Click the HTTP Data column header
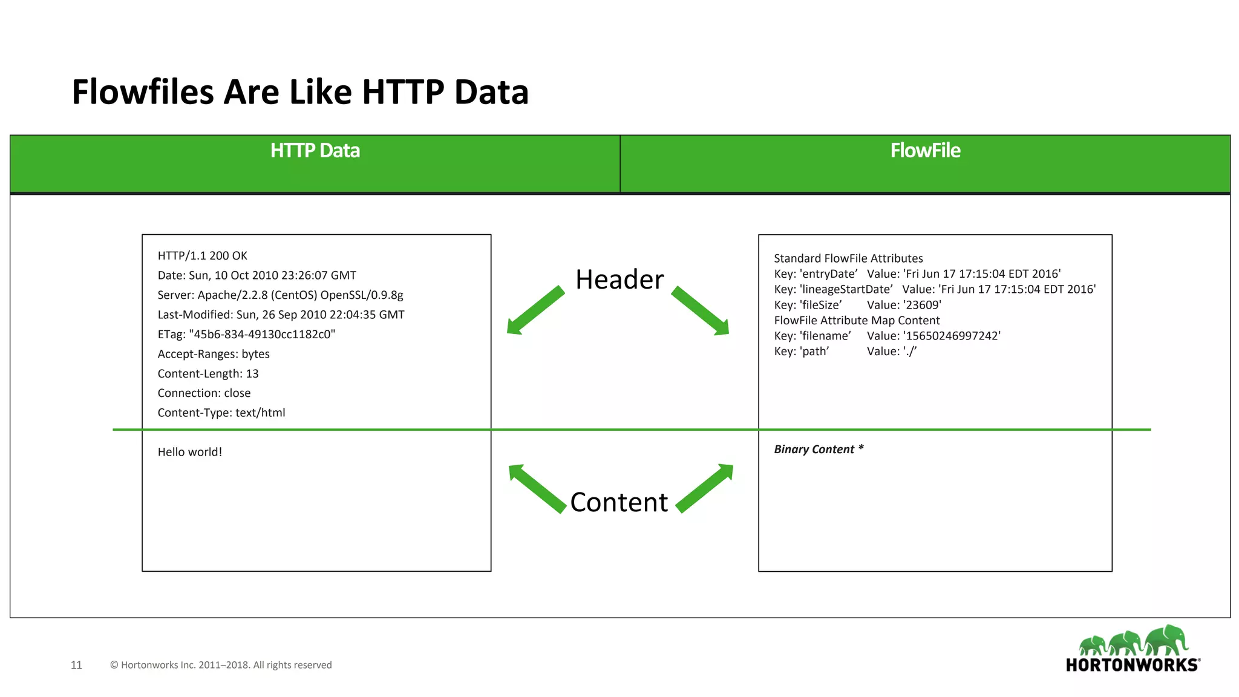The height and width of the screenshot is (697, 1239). click(x=315, y=151)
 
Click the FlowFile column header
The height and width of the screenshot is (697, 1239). click(x=925, y=151)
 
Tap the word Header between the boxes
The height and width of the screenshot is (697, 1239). click(x=619, y=280)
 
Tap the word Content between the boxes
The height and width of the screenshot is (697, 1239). click(x=619, y=502)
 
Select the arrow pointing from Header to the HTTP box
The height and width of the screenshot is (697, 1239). click(x=535, y=310)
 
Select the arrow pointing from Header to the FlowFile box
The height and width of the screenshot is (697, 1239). click(x=701, y=311)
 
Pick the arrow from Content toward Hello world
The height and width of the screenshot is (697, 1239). click(x=537, y=488)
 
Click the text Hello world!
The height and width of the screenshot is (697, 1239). click(x=190, y=452)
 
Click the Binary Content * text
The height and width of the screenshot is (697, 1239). click(x=819, y=449)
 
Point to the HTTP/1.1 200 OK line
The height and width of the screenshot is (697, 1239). click(x=202, y=256)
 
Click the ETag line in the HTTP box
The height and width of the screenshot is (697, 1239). click(x=246, y=335)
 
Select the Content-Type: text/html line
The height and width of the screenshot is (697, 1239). click(x=221, y=413)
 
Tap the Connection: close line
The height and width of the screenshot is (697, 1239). click(x=204, y=393)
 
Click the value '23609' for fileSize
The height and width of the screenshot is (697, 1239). click(x=922, y=305)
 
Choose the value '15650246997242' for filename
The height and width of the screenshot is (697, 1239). click(x=952, y=336)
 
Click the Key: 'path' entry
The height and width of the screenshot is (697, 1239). click(x=801, y=352)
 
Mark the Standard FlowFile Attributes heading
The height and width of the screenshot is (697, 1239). click(x=848, y=258)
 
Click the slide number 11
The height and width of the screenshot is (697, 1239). click(x=76, y=665)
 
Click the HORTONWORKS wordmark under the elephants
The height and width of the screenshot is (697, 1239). click(x=1132, y=665)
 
